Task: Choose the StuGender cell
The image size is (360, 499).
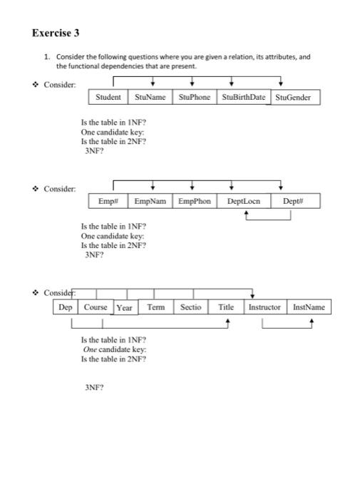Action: point(293,98)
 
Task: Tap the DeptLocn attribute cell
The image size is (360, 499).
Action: point(244,202)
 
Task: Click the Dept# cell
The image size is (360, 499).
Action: point(293,202)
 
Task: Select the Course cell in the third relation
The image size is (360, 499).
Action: point(96,307)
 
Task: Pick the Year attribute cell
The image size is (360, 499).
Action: point(125,307)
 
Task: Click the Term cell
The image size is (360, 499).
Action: point(155,307)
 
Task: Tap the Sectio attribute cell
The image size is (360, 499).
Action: point(190,307)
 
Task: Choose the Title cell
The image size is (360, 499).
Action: point(226,307)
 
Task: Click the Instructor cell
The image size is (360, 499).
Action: point(264,307)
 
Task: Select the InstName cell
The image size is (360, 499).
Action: point(309,307)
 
